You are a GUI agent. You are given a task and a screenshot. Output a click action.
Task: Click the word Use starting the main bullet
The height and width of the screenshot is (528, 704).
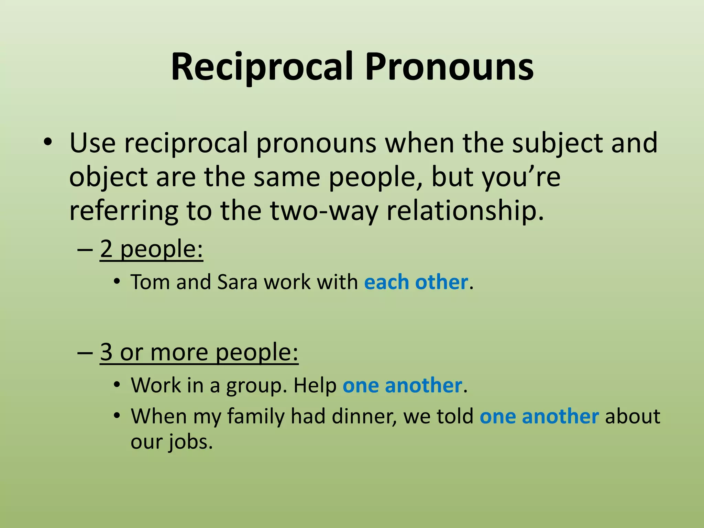tap(92, 143)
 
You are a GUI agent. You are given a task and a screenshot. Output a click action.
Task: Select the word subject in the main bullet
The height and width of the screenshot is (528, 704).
tap(557, 143)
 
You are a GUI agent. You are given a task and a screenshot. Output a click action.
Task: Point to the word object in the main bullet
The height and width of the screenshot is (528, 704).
tap(109, 177)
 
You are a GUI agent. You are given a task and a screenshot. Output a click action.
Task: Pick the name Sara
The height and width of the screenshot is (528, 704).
tap(237, 283)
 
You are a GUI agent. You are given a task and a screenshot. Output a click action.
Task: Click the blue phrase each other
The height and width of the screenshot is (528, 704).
tap(416, 283)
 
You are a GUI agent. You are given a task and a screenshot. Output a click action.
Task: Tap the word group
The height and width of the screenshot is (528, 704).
tap(256, 386)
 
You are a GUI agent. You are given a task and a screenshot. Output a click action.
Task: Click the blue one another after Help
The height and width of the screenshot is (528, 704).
tap(402, 385)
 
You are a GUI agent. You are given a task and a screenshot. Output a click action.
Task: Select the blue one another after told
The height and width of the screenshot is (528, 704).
tap(539, 417)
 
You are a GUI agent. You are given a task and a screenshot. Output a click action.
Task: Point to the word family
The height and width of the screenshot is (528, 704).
tap(256, 417)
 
